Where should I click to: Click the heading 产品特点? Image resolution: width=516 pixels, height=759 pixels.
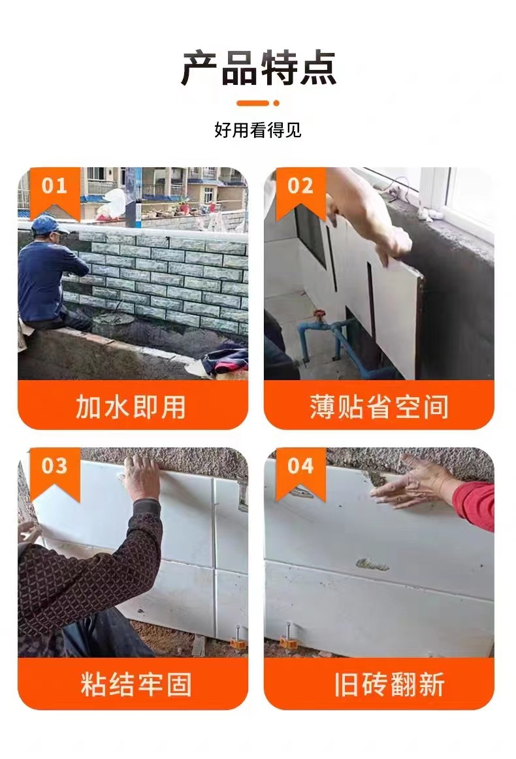[x=258, y=68]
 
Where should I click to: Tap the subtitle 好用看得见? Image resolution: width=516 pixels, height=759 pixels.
[x=258, y=130]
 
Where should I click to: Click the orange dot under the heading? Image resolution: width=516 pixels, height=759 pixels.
[x=276, y=103]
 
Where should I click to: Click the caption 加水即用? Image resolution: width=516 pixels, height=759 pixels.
[x=131, y=406]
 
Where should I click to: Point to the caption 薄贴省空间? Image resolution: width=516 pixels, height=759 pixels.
[x=379, y=406]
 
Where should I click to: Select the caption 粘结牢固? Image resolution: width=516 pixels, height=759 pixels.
[x=136, y=684]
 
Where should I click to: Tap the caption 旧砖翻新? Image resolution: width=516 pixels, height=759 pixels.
[x=389, y=684]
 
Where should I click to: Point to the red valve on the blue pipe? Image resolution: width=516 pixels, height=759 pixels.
[x=318, y=316]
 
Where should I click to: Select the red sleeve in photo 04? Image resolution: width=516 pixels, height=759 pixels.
[x=475, y=506]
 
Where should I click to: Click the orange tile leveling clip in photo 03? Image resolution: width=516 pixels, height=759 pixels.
[x=238, y=638]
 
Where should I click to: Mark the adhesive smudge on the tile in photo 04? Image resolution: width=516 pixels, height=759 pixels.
[x=372, y=564]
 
